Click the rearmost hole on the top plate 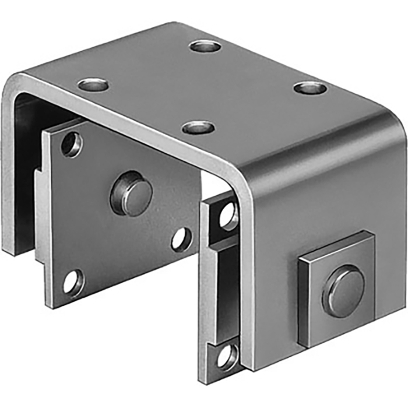[205, 45]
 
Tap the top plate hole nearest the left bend [93, 85]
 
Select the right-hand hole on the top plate [309, 88]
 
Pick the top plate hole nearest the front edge [198, 127]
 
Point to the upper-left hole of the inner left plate [71, 144]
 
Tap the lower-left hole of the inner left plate [73, 282]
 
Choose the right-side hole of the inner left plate [181, 238]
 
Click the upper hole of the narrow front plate [227, 216]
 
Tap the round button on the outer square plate [343, 291]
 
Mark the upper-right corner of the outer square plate [371, 233]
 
